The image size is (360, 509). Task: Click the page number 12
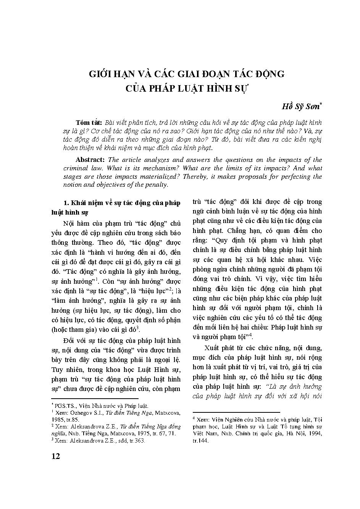[x=56, y=457]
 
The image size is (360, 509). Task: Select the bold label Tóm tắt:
[x=89, y=123]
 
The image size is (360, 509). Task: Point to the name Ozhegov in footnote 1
[x=78, y=412]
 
